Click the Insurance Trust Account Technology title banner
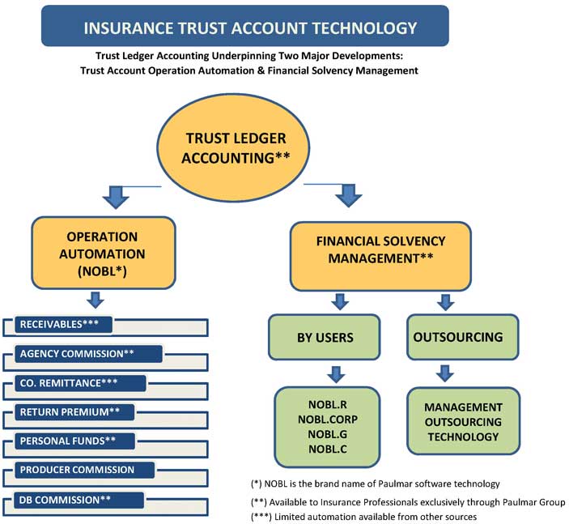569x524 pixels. [250, 27]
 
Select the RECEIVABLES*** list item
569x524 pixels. [63, 325]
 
